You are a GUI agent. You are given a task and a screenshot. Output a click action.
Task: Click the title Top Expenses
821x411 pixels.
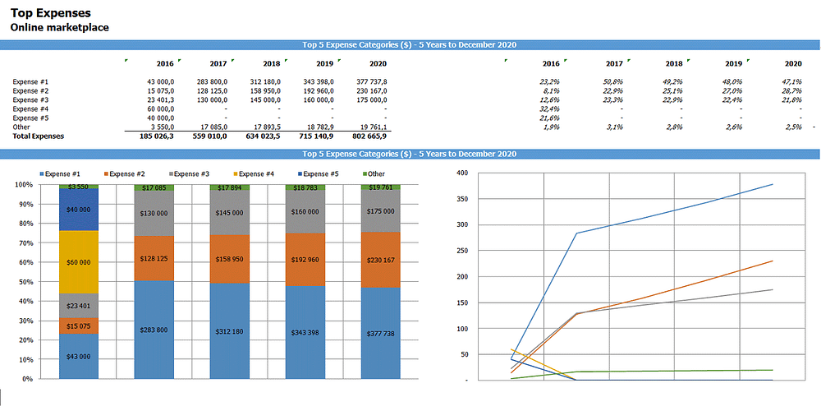click(51, 13)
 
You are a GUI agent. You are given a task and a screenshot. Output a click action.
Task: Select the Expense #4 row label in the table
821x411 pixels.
click(31, 109)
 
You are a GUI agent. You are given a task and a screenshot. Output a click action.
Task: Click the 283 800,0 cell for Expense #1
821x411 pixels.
click(210, 81)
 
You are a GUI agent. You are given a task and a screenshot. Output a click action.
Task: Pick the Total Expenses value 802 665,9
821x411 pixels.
click(369, 136)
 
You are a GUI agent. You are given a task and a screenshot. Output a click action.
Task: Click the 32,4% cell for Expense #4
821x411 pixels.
click(549, 109)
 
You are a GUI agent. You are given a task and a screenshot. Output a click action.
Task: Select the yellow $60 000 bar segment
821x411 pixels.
click(79, 262)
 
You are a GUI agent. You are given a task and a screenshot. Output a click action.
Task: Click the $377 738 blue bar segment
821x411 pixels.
click(381, 334)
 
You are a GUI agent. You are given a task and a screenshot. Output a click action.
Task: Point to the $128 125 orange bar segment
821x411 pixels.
click(154, 259)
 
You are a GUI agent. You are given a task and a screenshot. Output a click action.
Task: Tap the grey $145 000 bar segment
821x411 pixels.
click(230, 213)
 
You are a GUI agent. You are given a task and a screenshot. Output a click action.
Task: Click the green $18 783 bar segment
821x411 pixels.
click(305, 188)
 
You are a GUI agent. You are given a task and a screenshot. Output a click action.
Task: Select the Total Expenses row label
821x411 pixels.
click(39, 136)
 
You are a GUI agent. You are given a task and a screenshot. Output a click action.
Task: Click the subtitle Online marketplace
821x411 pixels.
click(59, 27)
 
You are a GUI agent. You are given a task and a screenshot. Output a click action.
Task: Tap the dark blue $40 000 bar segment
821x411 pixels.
click(79, 210)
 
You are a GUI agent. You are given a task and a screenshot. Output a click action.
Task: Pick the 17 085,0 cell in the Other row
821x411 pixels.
click(210, 127)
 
